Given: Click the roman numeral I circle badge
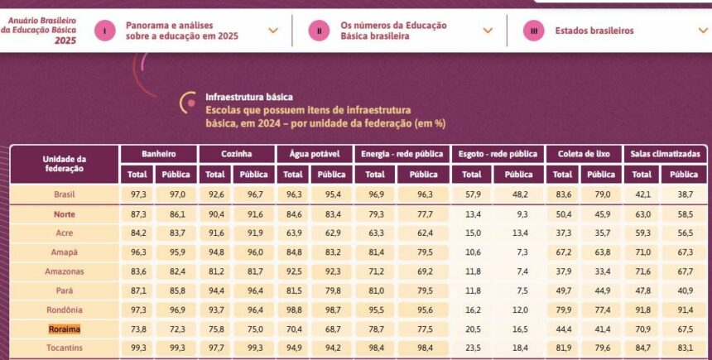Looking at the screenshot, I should coord(105,31).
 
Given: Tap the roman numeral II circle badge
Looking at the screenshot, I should coord(320,31).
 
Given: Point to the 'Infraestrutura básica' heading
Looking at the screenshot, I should coord(249,97).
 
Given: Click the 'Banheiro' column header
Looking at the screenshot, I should coord(159,154).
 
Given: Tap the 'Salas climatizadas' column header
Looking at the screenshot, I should coord(665,154).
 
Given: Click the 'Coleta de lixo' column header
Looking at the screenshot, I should coord(584,154).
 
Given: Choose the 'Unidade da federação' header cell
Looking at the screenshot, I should coord(64,163).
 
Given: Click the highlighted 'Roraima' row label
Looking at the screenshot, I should coord(64,329).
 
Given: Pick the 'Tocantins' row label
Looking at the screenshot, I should coord(64,347).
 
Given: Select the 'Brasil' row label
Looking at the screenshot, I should coord(64,194).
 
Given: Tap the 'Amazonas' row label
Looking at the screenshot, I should coord(64,271).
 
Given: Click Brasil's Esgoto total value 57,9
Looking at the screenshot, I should coord(472,194).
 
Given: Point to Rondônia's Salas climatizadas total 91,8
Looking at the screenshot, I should coord(642,310).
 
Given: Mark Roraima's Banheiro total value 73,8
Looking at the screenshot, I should coord(137,329).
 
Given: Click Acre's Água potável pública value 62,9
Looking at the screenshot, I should coord(332,233).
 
